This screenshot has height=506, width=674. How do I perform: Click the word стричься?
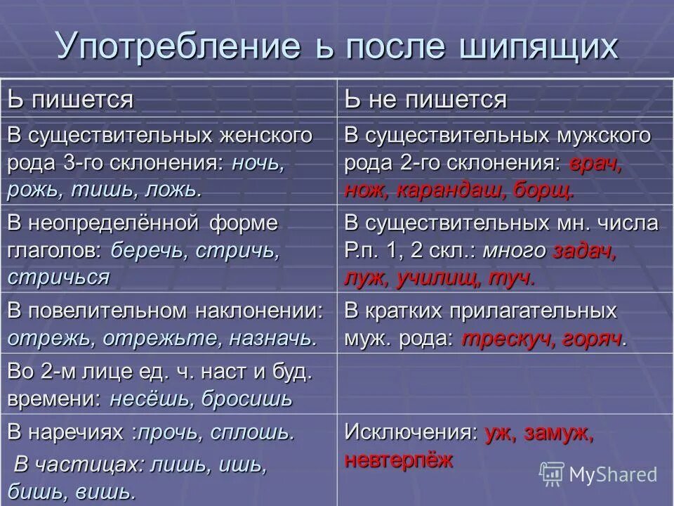(x=59, y=276)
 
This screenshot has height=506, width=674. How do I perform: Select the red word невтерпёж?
(x=399, y=460)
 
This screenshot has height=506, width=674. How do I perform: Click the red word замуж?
(x=559, y=433)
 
